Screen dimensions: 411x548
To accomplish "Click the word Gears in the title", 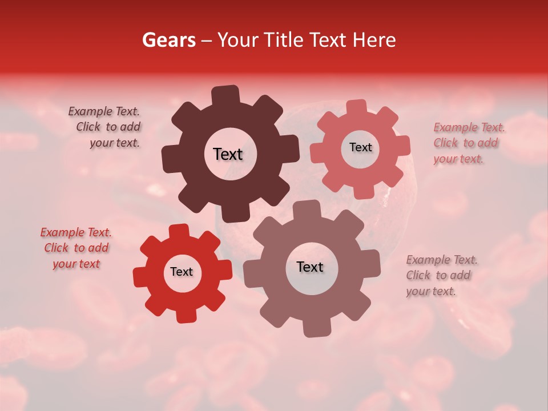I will pyautogui.click(x=168, y=40).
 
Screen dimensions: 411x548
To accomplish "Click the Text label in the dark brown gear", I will pyautogui.click(x=228, y=154).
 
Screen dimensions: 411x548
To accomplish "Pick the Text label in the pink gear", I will pyautogui.click(x=360, y=147).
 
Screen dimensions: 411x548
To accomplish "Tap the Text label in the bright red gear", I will pyautogui.click(x=182, y=272).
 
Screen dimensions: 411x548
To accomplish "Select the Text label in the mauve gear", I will pyautogui.click(x=310, y=267).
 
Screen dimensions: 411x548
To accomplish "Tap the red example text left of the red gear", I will pyautogui.click(x=76, y=248).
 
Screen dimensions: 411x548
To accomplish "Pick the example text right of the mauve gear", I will pyautogui.click(x=441, y=275).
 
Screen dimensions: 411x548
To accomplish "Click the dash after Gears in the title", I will pyautogui.click(x=207, y=40).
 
